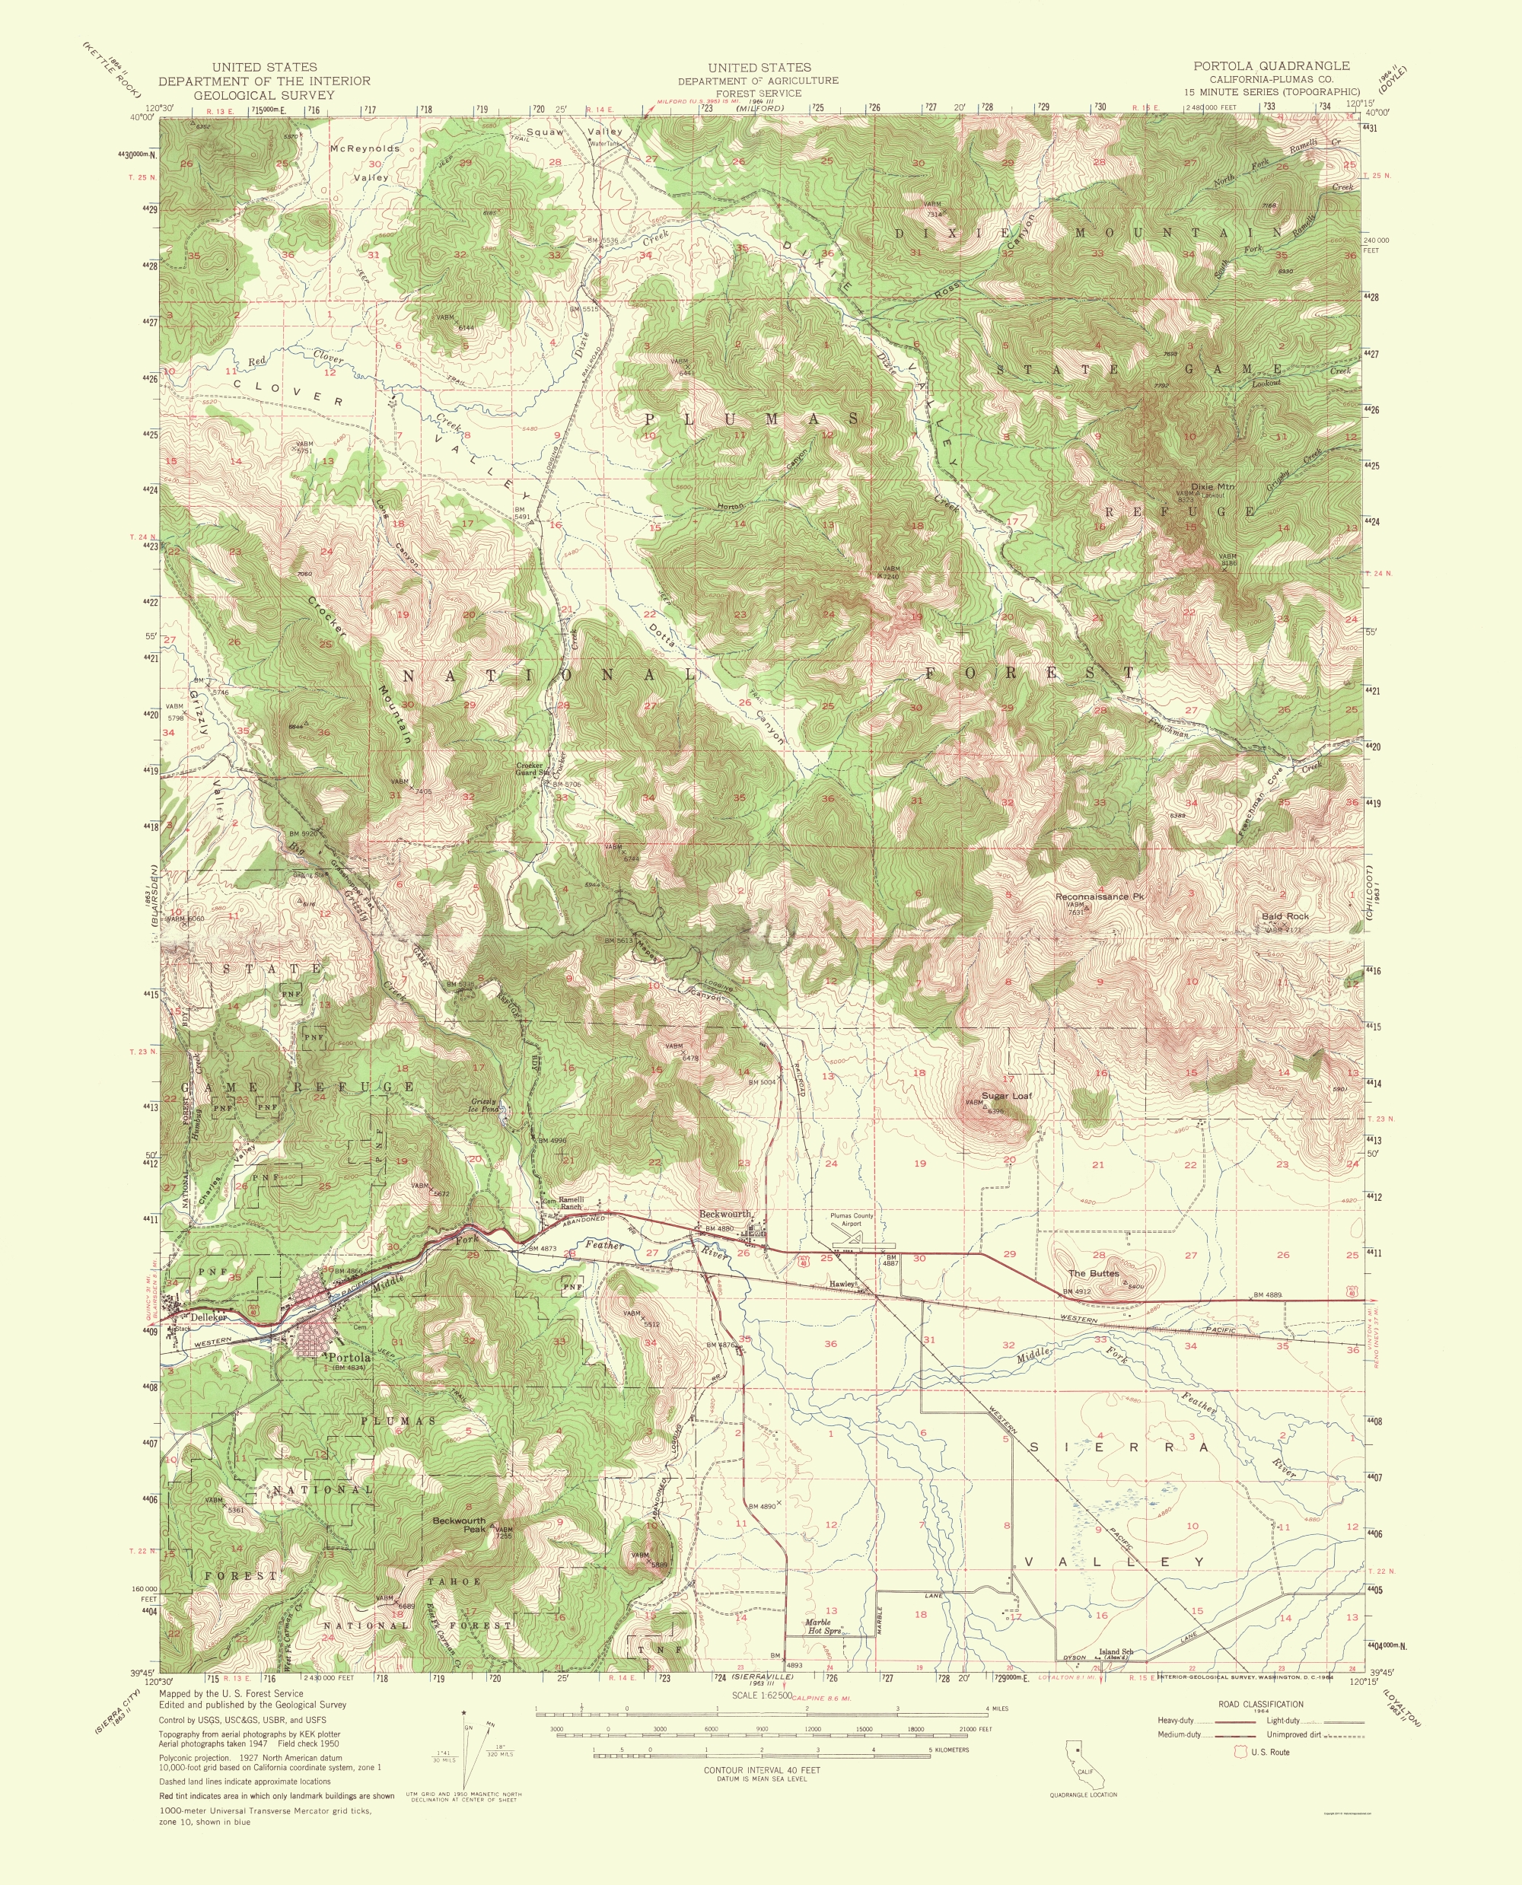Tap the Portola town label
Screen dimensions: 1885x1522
(x=349, y=1357)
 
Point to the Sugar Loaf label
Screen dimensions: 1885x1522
(x=1007, y=1096)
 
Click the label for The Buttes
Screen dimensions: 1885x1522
(x=1092, y=1273)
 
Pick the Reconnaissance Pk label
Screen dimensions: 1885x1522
(x=1100, y=897)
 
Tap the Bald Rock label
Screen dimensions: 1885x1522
(x=1285, y=916)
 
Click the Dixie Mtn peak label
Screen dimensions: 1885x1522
(x=1212, y=486)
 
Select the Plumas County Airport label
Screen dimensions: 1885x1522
(x=852, y=1220)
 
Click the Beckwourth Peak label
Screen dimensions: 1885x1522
(x=459, y=1524)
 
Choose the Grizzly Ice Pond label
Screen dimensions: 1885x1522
(x=484, y=1105)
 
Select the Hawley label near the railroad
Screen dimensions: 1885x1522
(x=842, y=1285)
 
